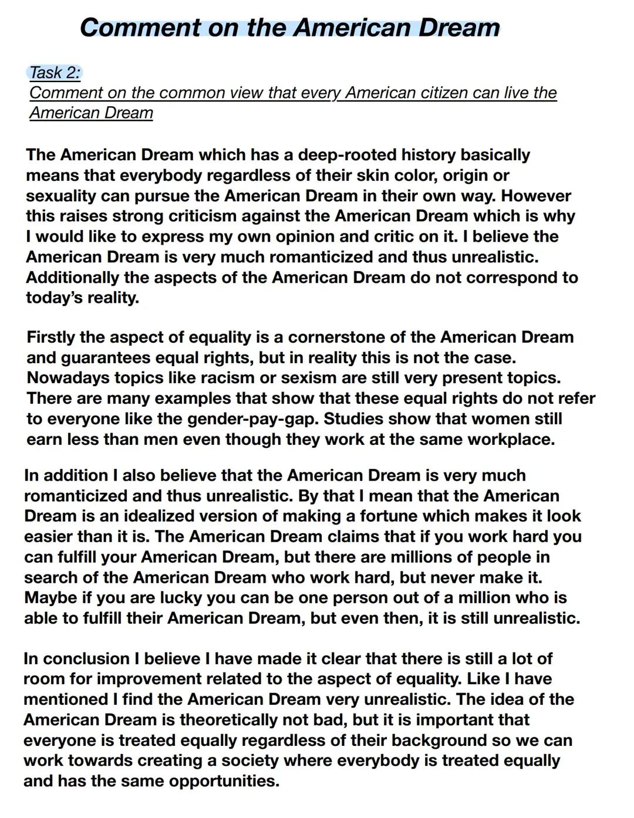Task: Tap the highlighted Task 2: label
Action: pyautogui.click(x=55, y=73)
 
